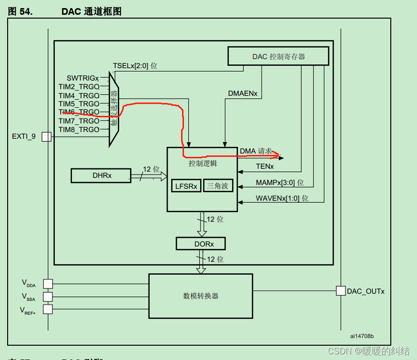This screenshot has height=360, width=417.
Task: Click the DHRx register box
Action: (x=101, y=175)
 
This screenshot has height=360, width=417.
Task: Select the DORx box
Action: (x=200, y=244)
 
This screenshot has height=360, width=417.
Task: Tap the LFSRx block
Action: (x=186, y=186)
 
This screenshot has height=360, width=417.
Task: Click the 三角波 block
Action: (x=218, y=186)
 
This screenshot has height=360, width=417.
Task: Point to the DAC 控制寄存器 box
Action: (x=278, y=56)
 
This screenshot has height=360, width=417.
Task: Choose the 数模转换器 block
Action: (x=201, y=296)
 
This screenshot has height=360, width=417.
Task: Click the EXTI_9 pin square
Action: (x=46, y=137)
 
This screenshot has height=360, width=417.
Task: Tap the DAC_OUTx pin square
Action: (x=340, y=291)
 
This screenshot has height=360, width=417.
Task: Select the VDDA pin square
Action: (x=48, y=284)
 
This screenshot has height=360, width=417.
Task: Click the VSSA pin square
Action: (x=48, y=297)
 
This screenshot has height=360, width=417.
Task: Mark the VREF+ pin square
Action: (x=48, y=309)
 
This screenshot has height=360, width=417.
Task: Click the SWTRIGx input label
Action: (x=82, y=78)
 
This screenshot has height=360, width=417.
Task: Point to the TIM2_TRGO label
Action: (x=79, y=86)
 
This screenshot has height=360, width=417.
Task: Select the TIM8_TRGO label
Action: (x=79, y=129)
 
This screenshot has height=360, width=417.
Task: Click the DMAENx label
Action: (x=242, y=93)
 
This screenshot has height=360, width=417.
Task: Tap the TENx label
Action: (x=264, y=166)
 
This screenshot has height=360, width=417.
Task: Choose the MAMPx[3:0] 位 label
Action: (x=279, y=183)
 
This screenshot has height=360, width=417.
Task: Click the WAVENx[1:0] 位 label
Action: (x=282, y=198)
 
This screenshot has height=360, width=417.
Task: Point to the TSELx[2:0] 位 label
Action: (x=135, y=66)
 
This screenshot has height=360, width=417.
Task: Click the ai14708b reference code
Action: (x=362, y=336)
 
